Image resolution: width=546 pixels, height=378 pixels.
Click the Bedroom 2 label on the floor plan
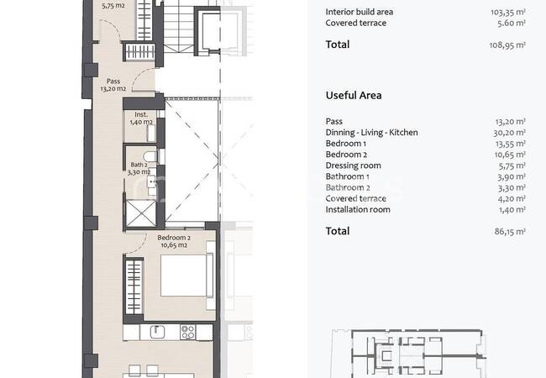pos(174,241)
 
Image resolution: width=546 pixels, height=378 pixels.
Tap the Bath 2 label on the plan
pos(139,168)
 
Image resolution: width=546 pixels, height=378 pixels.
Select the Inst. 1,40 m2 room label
pos(141,118)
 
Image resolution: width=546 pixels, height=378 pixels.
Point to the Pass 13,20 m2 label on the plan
pos(113,85)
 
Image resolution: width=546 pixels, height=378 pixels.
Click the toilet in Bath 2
pos(150,156)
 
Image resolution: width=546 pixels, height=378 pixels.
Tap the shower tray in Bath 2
pos(140,213)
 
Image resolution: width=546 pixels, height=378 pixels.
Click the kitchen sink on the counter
pos(157,332)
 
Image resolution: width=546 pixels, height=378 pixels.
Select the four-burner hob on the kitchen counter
pos(187,332)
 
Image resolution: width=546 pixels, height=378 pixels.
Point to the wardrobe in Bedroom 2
pos(134,287)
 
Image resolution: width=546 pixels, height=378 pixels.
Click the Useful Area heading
pos(354,96)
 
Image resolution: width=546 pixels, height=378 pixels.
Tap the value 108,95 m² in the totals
pos(507,45)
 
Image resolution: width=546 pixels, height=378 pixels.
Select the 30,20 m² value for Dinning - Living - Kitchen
pos(509,133)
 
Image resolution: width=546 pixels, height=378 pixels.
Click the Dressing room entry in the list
pos(353,165)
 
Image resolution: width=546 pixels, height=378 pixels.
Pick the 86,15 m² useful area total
pos(510,232)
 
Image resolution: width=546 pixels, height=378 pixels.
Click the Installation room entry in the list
pos(358,209)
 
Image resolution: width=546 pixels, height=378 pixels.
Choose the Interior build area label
pos(360,12)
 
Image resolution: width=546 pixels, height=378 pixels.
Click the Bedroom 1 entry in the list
pos(345,144)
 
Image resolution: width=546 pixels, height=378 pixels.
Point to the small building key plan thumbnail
pos(409,354)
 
